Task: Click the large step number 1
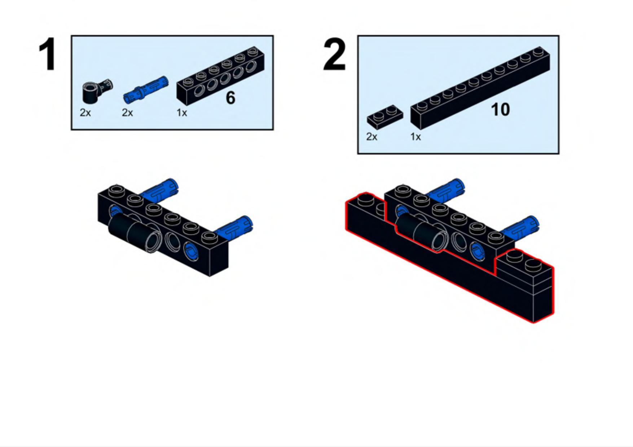coord(48,54)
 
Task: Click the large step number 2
coord(334,54)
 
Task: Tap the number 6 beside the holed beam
coord(230,98)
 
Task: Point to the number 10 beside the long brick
coord(501,110)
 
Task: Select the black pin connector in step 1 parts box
coord(97,91)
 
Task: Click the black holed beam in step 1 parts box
coord(220,76)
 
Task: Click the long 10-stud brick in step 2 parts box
coord(480,88)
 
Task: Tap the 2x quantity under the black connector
coord(85,113)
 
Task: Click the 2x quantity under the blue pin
coord(127,113)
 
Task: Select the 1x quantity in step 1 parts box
coord(182,113)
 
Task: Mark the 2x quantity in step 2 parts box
coord(372,137)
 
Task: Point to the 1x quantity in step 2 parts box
coord(416,137)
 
